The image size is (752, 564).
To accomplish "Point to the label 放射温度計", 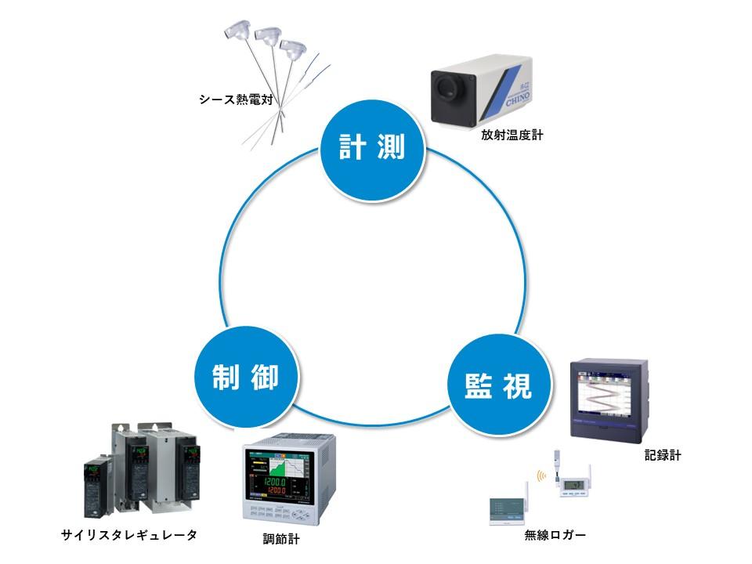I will pos(512,135).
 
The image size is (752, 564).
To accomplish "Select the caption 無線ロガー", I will pos(555,536).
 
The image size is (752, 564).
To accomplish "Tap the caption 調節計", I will pos(281,539).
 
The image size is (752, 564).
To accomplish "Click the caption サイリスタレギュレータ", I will pos(129,535).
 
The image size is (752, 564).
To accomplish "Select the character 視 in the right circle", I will pos(517,385).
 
